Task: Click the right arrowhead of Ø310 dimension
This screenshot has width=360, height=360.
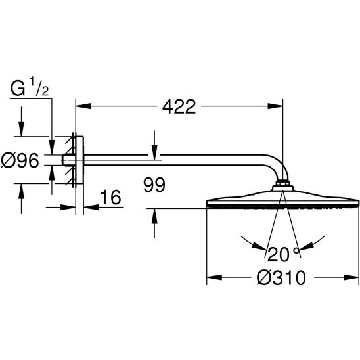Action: pos(354,278)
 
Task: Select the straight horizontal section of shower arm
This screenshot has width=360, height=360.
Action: pos(171,158)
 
